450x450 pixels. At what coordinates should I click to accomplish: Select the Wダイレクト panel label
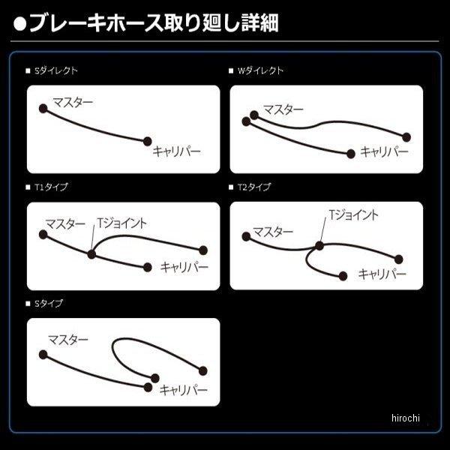click(259, 70)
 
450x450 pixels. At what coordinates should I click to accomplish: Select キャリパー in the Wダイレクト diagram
click(384, 151)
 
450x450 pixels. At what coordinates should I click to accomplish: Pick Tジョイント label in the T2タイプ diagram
click(353, 215)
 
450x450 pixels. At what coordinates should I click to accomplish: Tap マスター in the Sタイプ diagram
click(68, 340)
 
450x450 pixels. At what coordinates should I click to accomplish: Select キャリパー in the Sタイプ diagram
click(182, 390)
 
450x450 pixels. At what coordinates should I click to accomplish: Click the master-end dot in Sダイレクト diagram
click(43, 108)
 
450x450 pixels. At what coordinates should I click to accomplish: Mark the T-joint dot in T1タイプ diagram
click(91, 254)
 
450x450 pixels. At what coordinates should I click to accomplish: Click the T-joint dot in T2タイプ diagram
click(320, 245)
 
